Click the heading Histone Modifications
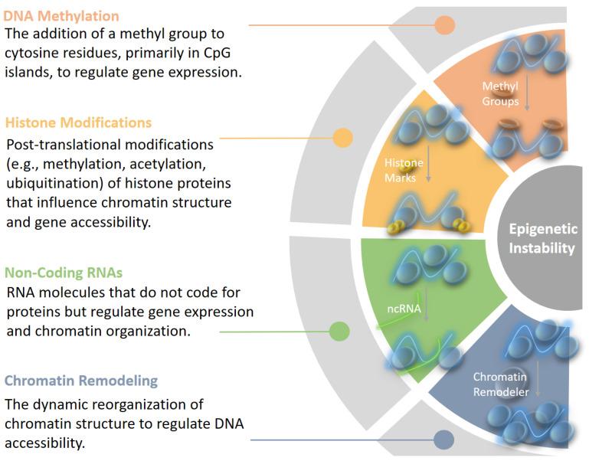click(x=78, y=123)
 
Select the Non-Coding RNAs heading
click(x=65, y=272)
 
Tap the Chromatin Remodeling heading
click(x=81, y=381)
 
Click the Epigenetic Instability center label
click(x=542, y=238)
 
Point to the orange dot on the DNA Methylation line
click(x=445, y=25)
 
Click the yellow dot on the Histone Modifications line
click(x=343, y=139)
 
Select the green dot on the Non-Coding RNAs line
click(x=339, y=332)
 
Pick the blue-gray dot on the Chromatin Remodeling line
click(x=443, y=440)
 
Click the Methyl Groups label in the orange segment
click(x=500, y=93)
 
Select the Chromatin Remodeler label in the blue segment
click(x=499, y=384)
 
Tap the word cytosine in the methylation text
click(x=32, y=54)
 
